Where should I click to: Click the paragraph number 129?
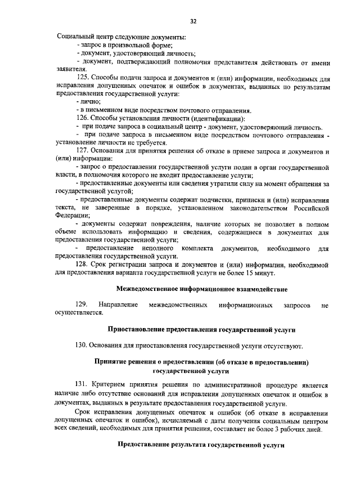click(83, 305)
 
